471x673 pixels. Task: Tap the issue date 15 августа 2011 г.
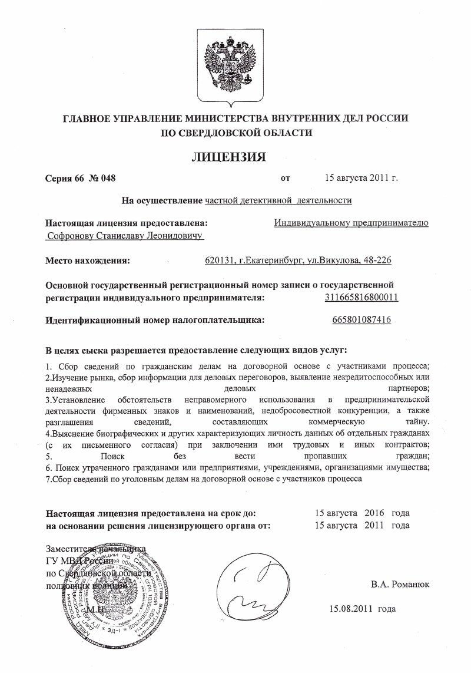[361, 177]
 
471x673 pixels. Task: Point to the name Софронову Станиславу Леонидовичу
[124, 236]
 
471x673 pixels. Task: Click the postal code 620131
[218, 260]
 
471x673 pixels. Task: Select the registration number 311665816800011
[361, 297]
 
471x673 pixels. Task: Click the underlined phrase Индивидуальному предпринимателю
[351, 223]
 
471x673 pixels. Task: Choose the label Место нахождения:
[88, 260]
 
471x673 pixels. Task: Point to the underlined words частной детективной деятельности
[278, 200]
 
